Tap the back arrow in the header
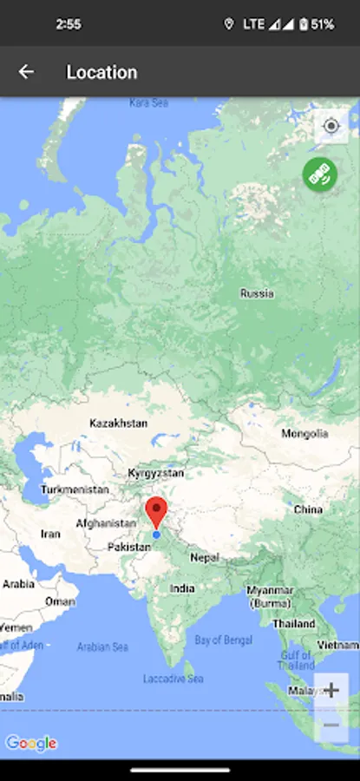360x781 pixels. (26, 72)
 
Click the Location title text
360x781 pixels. (101, 72)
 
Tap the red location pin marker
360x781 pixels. (156, 510)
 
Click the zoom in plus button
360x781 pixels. (331, 691)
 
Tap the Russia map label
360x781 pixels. (257, 293)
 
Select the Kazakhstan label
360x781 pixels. (118, 423)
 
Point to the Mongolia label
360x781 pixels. (304, 433)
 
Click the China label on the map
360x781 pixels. (308, 509)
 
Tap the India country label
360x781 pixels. (182, 588)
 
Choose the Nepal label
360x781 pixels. (205, 558)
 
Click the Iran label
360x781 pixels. (50, 534)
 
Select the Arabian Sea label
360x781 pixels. (102, 646)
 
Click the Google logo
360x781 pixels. (31, 743)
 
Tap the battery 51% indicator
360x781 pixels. (316, 24)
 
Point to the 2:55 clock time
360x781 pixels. (69, 24)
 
